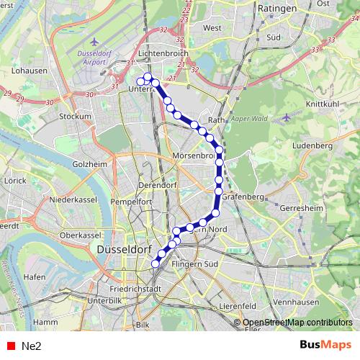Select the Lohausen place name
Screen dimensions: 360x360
click(30, 71)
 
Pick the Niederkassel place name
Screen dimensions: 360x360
click(73, 199)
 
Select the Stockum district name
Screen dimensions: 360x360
click(76, 116)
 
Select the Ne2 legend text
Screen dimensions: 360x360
click(32, 346)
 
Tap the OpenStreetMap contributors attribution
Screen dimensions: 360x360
click(297, 323)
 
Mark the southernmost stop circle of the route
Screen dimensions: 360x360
click(155, 264)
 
